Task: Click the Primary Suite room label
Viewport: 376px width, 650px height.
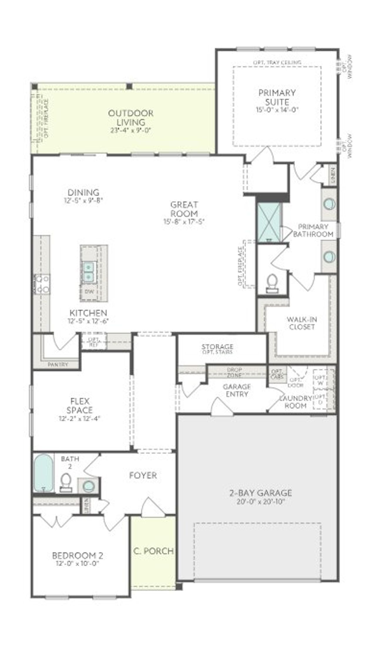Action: click(x=277, y=97)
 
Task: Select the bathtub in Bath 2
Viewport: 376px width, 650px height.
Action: click(x=43, y=473)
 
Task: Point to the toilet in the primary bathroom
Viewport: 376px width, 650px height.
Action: click(x=272, y=283)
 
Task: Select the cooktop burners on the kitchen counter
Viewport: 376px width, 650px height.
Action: click(x=42, y=284)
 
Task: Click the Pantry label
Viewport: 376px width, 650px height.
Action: click(x=58, y=364)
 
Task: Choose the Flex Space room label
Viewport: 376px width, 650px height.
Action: click(x=79, y=405)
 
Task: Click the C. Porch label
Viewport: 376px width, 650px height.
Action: click(x=153, y=551)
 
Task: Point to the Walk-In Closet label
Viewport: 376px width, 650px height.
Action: click(x=302, y=323)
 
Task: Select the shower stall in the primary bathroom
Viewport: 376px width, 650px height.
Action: click(x=269, y=222)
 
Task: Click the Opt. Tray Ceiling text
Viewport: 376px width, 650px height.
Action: click(x=277, y=63)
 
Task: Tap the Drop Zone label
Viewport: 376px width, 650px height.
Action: click(x=234, y=372)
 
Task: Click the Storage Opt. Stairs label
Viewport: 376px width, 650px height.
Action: click(x=217, y=349)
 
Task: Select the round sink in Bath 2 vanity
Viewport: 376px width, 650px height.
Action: click(x=88, y=486)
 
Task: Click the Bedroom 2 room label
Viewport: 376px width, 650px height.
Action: click(x=78, y=555)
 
